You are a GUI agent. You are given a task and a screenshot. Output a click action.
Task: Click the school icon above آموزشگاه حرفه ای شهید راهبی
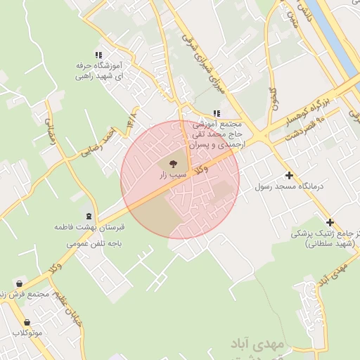tap(99, 54)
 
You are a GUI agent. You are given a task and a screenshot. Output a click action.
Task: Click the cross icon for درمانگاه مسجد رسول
tap(288, 175)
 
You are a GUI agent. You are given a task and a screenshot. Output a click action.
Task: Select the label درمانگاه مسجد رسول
tap(289, 186)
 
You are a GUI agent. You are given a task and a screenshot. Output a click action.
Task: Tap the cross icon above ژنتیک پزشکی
tap(330, 222)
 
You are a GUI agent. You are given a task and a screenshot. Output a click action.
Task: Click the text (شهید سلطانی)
tap(331, 243)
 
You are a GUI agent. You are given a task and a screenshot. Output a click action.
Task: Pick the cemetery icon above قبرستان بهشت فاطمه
tap(89, 216)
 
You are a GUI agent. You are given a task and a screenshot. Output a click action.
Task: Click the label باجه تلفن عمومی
tap(95, 243)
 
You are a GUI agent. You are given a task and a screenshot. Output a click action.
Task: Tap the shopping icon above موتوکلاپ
tap(27, 322)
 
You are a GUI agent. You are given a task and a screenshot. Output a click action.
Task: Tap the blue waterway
tap(337, 35)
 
